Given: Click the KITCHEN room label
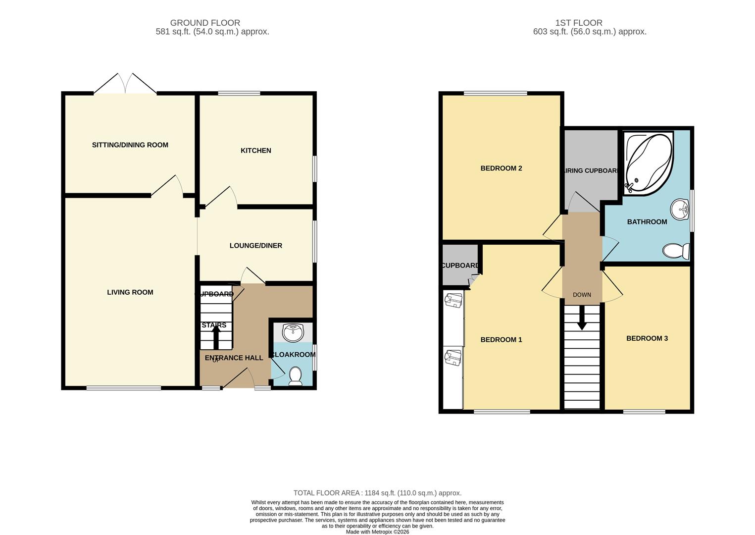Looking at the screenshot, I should tap(255, 151).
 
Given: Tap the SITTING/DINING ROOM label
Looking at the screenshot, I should tap(130, 145).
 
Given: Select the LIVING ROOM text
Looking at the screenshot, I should tap(130, 292).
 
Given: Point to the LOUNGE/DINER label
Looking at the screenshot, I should tap(255, 246).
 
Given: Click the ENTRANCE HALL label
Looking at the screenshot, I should tap(234, 358).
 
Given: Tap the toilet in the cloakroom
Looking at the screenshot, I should tap(295, 376).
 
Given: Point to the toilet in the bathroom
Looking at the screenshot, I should tap(676, 251).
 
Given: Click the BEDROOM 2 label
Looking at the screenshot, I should tap(501, 168).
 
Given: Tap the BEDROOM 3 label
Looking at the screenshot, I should tap(647, 338).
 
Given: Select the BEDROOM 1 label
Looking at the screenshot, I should tap(501, 340).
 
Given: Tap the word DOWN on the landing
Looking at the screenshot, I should tap(582, 295).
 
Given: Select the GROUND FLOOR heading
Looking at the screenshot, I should tap(205, 23).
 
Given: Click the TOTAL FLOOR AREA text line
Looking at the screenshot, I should tap(377, 493).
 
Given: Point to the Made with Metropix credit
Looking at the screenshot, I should tap(377, 532).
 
